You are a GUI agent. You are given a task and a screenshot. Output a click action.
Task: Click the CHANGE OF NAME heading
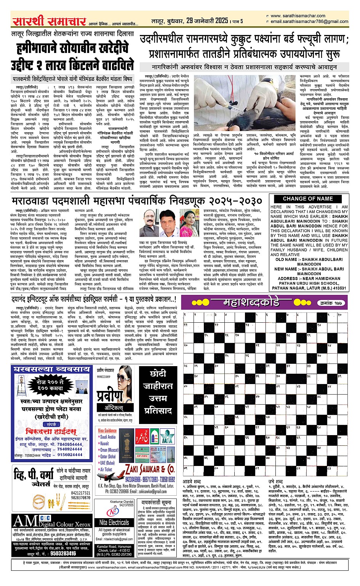tap(308, 199)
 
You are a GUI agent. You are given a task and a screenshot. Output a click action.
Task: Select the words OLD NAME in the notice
tap(286, 259)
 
